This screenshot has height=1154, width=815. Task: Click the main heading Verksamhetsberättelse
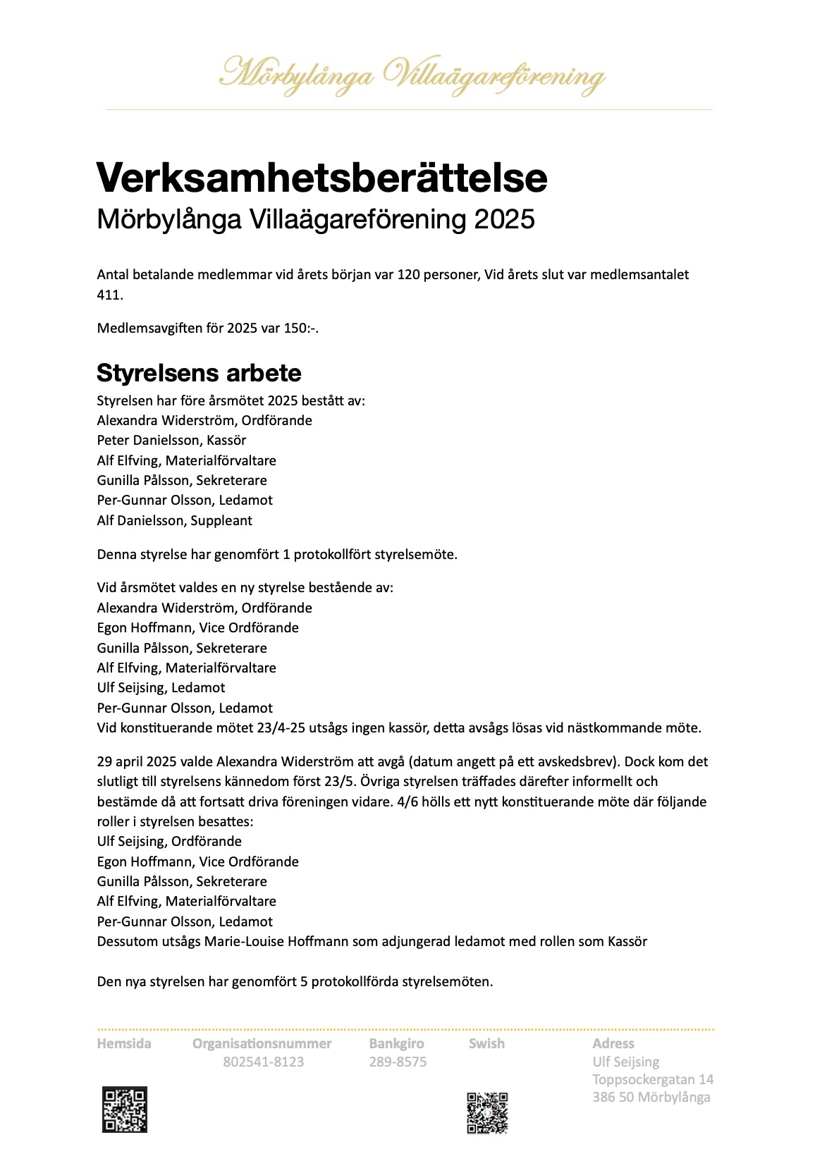[x=321, y=178]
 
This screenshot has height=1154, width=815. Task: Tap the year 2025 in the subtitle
[x=504, y=220]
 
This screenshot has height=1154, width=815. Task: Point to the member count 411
[x=109, y=295]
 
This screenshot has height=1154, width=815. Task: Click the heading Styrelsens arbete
[x=199, y=372]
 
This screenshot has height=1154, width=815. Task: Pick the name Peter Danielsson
[x=149, y=441]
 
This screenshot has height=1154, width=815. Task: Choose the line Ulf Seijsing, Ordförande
[x=169, y=842]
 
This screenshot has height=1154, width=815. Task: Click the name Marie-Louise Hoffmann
[x=276, y=942]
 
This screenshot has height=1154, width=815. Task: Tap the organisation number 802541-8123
[x=263, y=1062]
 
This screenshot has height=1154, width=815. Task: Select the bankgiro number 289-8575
[x=398, y=1062]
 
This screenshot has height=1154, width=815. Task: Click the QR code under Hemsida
[x=125, y=1110]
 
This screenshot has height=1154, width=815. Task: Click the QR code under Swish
[x=487, y=1113]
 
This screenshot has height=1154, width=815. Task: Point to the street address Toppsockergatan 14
[x=653, y=1080]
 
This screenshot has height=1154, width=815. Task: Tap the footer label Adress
[x=613, y=1044]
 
